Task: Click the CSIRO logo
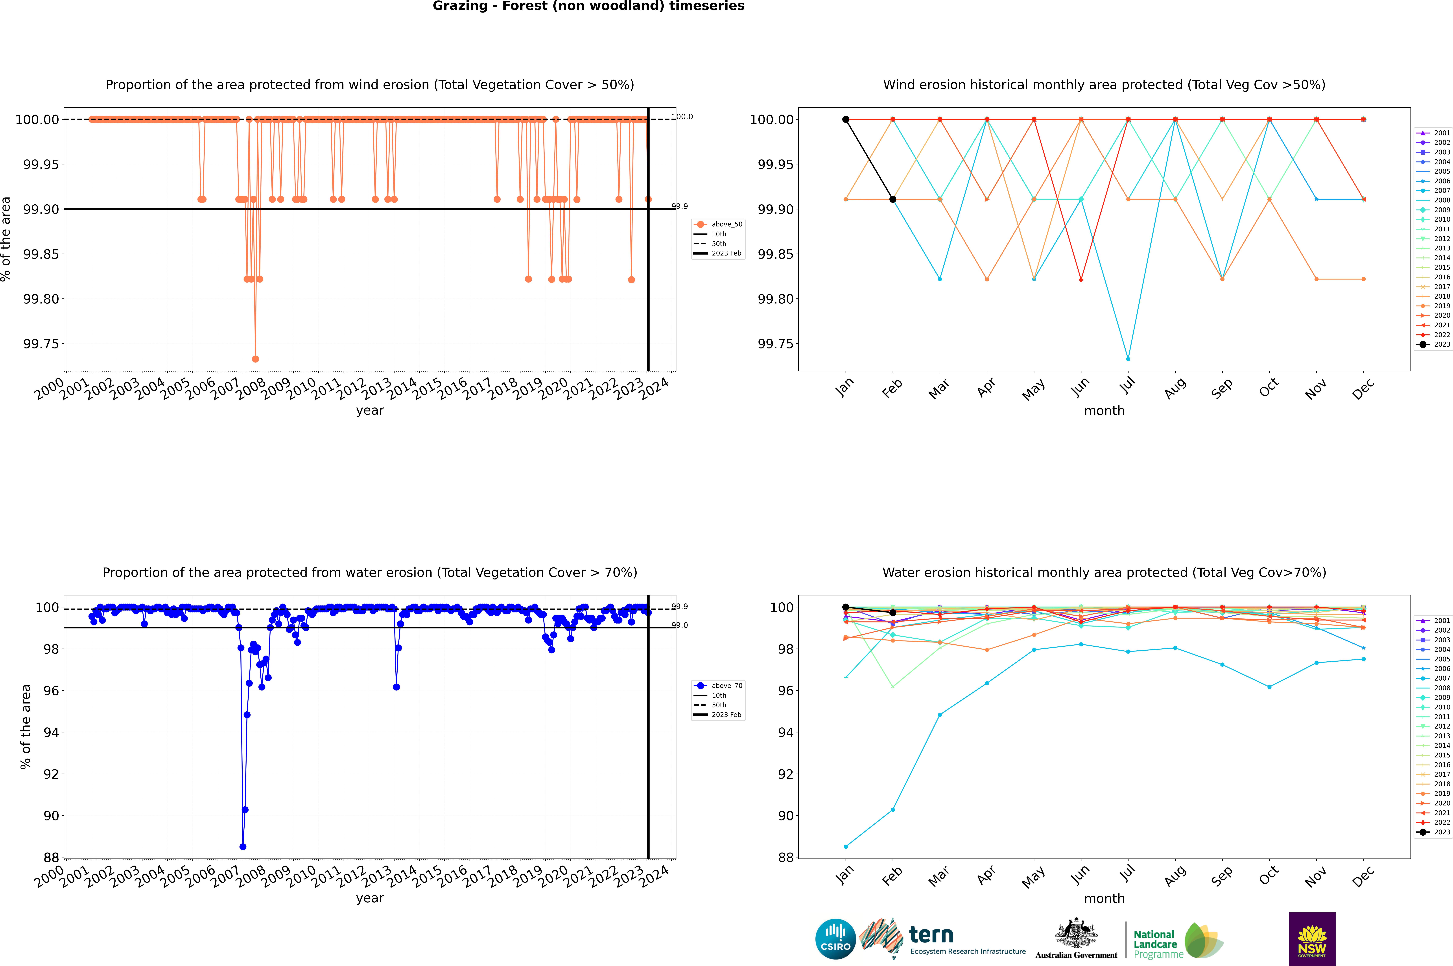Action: tap(835, 939)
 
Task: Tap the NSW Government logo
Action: tap(1312, 939)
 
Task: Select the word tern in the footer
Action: tap(931, 935)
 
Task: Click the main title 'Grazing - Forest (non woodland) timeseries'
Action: tap(588, 6)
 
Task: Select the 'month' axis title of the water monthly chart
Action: tap(1104, 898)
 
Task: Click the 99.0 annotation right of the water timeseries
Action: tap(679, 625)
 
